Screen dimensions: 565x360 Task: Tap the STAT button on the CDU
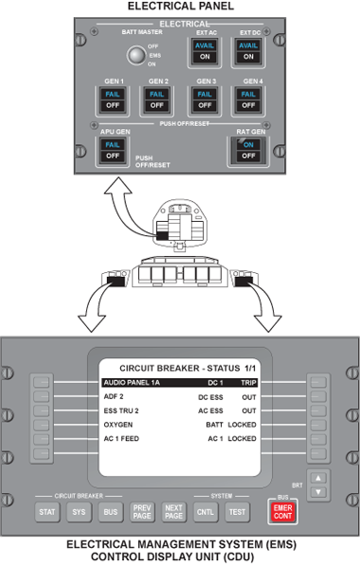[x=46, y=512]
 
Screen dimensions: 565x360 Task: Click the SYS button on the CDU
[x=78, y=512]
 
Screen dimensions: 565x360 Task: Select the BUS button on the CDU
[x=110, y=512]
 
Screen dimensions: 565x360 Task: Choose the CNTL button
[x=205, y=512]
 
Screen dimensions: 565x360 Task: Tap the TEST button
[x=237, y=512]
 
